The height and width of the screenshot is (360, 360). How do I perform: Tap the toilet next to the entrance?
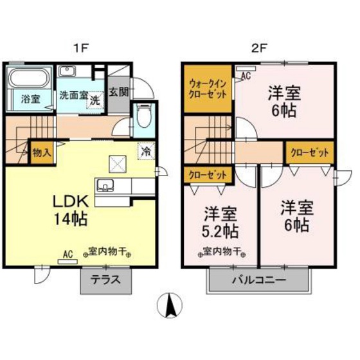click(x=144, y=116)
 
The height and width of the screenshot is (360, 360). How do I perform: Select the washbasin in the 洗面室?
click(x=67, y=71)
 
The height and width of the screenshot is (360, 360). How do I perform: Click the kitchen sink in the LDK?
click(x=105, y=186)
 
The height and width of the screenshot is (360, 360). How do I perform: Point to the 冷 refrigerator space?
click(x=146, y=151)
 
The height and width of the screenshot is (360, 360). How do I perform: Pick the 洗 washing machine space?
click(x=95, y=100)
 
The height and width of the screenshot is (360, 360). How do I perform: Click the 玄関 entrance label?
click(x=118, y=93)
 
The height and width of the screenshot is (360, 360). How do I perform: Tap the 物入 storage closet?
click(x=42, y=152)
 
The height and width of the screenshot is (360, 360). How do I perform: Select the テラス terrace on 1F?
click(x=105, y=280)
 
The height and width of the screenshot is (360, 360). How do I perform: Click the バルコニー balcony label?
click(x=259, y=280)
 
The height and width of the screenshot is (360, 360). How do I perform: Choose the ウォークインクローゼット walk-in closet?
click(x=208, y=89)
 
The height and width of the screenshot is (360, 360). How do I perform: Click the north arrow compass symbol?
click(x=170, y=305)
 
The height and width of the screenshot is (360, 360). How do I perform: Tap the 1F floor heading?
click(x=80, y=48)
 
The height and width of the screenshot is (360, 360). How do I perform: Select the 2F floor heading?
click(x=258, y=48)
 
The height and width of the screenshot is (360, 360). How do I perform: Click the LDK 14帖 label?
click(x=71, y=210)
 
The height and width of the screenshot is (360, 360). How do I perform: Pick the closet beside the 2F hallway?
click(x=309, y=153)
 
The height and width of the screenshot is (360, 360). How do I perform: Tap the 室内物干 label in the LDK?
click(x=107, y=252)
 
